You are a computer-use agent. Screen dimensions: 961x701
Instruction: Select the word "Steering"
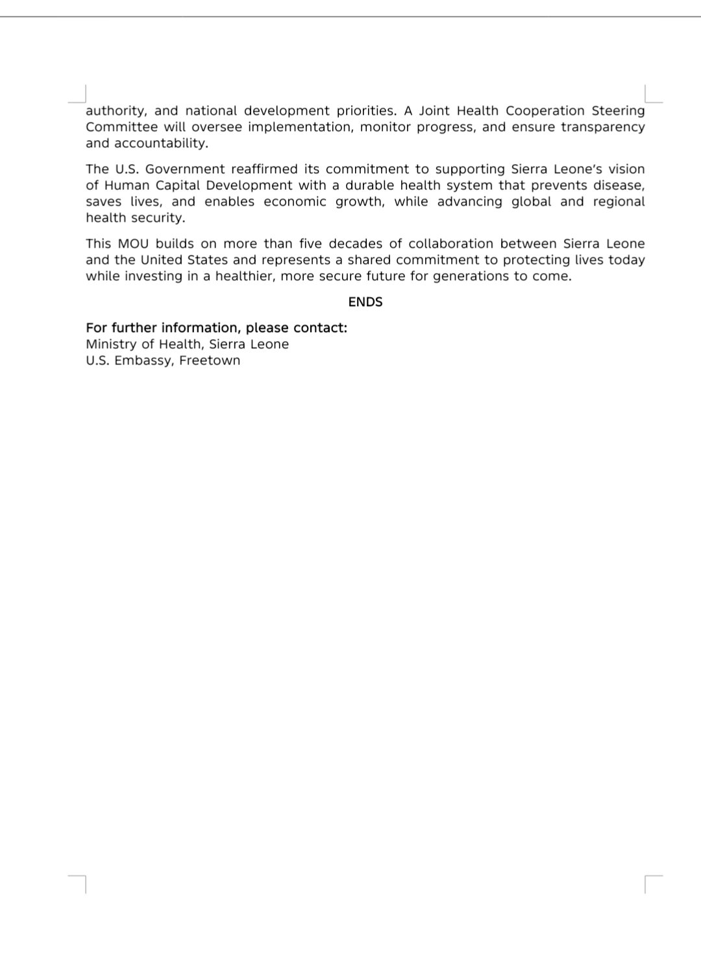click(618, 111)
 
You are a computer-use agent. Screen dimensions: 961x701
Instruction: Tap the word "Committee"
click(121, 127)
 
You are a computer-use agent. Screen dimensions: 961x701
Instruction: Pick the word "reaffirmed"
click(270, 169)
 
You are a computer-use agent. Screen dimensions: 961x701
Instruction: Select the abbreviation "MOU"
click(132, 244)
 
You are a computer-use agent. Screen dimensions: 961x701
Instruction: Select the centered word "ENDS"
click(365, 302)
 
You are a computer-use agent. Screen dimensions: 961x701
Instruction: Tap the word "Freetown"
click(210, 361)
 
